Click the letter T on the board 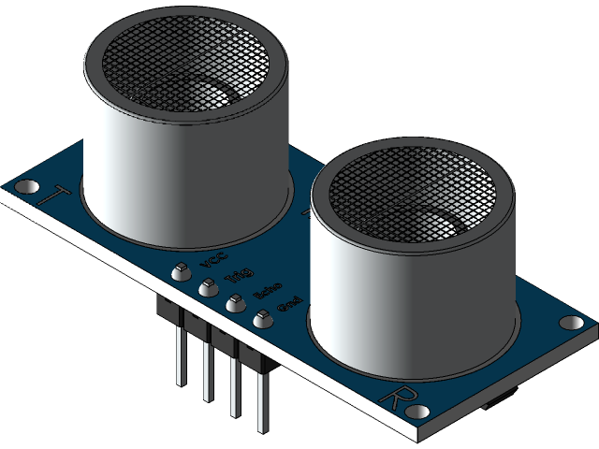[x=59, y=195]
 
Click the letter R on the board [x=394, y=397]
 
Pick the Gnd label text [x=289, y=307]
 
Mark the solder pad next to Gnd [x=262, y=320]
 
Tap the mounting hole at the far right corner [x=569, y=323]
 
